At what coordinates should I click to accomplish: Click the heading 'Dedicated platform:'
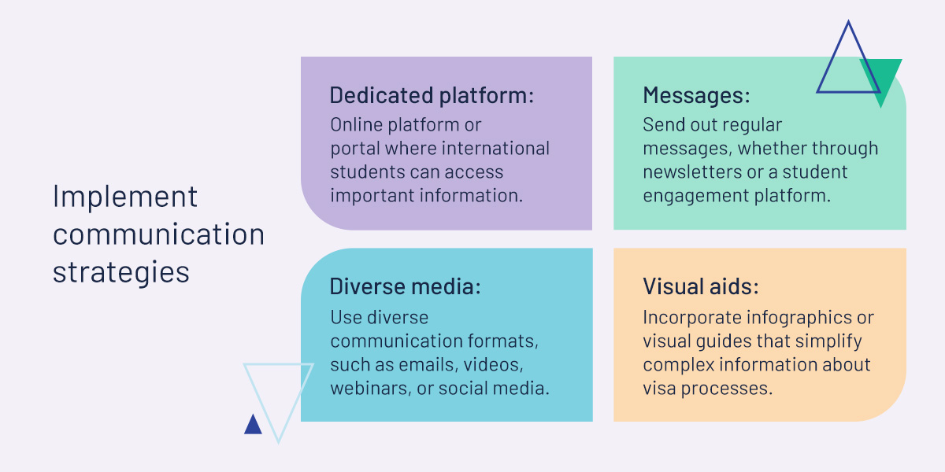tap(432, 95)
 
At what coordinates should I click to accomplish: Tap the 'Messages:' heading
tap(696, 95)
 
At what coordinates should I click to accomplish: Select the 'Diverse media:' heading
tap(405, 286)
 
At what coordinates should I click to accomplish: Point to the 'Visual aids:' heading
tap(701, 286)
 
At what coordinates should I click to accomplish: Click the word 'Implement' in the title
tap(125, 197)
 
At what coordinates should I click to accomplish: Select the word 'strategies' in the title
tap(121, 272)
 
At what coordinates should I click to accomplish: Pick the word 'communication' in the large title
tap(158, 234)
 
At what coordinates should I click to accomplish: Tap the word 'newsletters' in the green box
tap(692, 172)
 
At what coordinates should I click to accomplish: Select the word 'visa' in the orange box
tap(659, 388)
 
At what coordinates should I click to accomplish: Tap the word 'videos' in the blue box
tap(494, 365)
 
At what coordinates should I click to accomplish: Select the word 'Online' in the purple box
tap(356, 125)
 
